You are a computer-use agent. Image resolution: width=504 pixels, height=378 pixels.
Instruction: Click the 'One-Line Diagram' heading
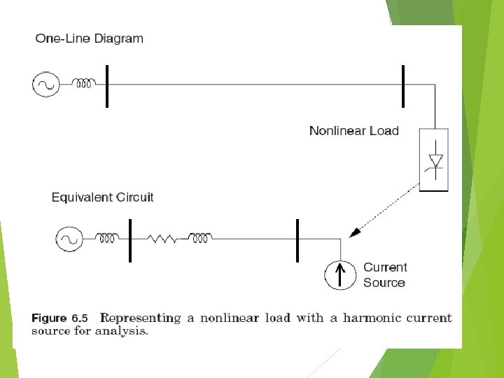pos(89,38)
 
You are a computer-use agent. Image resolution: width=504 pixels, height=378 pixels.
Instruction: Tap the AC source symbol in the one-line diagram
pos(45,85)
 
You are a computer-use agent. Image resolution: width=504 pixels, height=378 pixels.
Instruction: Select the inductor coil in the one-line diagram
pos(85,85)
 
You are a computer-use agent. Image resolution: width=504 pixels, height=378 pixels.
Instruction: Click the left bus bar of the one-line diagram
pos(107,85)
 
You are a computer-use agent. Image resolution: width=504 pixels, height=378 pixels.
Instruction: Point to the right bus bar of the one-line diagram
pos(403,85)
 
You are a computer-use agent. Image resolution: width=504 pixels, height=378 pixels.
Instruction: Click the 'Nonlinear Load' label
pos(353,131)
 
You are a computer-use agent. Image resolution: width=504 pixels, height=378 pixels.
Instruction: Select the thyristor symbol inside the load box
pos(435,161)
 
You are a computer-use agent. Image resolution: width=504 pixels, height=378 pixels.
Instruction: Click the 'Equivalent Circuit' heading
pos(102,197)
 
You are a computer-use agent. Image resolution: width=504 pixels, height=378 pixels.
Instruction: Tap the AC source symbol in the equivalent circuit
pos(69,239)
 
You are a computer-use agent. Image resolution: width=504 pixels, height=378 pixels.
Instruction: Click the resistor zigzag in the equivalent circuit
pos(163,239)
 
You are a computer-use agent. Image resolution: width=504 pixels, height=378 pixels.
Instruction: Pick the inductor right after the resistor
pos(200,239)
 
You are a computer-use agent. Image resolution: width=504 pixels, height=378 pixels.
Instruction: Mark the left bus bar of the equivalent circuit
pos(129,240)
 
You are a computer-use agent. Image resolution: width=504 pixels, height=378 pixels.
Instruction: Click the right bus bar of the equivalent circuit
pos(297,240)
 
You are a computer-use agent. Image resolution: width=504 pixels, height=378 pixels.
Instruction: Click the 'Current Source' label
pos(384,275)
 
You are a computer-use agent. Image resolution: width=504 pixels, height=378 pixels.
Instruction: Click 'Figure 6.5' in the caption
pos(59,318)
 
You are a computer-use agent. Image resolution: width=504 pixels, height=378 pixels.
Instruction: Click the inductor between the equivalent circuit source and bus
pos(108,239)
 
